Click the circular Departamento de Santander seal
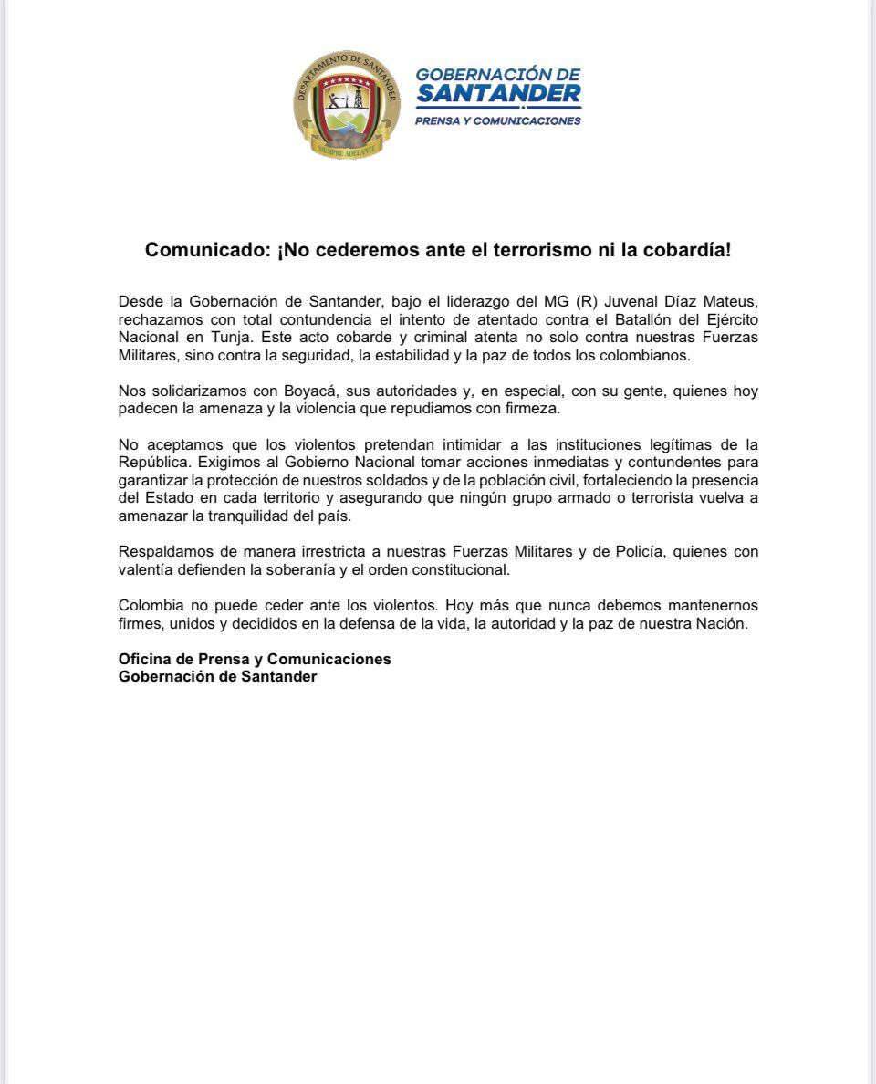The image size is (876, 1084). pyautogui.click(x=347, y=106)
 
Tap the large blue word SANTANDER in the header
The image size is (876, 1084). pyautogui.click(x=498, y=93)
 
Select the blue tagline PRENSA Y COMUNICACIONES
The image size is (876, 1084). pyautogui.click(x=498, y=120)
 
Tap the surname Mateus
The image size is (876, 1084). pyautogui.click(x=728, y=302)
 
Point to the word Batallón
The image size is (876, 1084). pyautogui.click(x=621, y=319)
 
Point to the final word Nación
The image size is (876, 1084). pyautogui.click(x=722, y=623)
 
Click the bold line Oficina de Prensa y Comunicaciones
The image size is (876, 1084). pyautogui.click(x=255, y=659)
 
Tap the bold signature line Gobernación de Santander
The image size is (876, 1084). pyautogui.click(x=217, y=676)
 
